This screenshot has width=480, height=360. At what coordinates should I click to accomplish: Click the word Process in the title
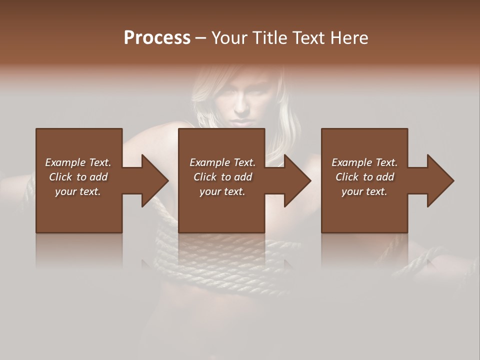pos(157,37)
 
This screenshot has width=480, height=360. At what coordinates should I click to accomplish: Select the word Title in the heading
pos(267,37)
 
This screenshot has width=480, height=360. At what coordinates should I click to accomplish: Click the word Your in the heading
pos(229,37)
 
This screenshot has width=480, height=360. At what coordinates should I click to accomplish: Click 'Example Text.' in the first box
pos(78,162)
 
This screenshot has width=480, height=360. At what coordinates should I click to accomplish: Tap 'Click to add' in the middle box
pos(222,177)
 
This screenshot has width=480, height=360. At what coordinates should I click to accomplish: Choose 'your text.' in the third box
pos(364,191)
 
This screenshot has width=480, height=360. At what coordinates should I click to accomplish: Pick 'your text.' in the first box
pos(78,191)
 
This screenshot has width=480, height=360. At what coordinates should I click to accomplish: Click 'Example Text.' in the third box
pos(364,162)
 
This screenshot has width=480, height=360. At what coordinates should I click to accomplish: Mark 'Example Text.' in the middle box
pos(222,162)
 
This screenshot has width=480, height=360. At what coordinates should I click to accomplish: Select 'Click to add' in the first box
pos(78,177)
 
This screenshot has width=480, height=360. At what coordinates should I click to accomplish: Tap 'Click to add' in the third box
pos(364,177)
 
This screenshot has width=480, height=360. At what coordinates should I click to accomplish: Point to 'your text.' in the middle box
pos(222,191)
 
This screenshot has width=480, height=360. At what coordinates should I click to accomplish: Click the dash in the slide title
pos(201,38)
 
